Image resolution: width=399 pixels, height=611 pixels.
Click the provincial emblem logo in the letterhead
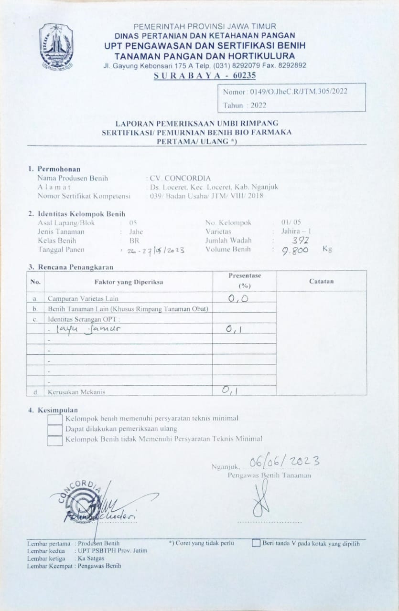coord(56,46)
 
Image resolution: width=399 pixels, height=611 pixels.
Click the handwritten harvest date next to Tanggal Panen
coord(153,250)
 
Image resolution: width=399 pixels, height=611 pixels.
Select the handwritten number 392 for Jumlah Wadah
coord(300,241)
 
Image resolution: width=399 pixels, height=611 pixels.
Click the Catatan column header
coord(321,282)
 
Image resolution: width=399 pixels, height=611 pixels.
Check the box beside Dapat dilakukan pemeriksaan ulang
coord(55,429)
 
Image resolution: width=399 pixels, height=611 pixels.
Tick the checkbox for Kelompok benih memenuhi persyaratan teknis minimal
coord(55,419)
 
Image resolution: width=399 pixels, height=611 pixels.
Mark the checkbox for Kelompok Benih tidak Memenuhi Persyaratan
coord(55,440)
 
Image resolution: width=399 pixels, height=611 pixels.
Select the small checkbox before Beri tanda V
coord(256,543)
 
